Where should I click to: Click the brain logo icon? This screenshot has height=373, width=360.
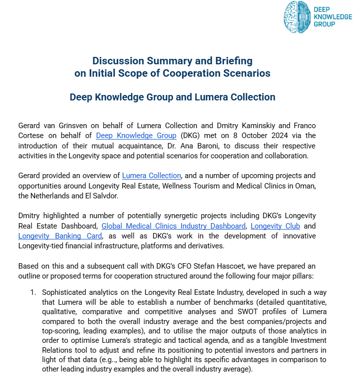[x=297, y=17]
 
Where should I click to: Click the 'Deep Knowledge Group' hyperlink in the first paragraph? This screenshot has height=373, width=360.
[x=136, y=136]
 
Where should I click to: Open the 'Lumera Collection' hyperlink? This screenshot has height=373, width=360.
[x=151, y=176]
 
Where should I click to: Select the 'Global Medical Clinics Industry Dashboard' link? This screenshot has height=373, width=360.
[x=173, y=226]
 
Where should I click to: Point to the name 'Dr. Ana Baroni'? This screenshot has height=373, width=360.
[x=169, y=146]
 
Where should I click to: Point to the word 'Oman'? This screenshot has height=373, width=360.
[x=306, y=186]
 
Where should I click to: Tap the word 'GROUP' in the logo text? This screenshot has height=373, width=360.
[x=324, y=24]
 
